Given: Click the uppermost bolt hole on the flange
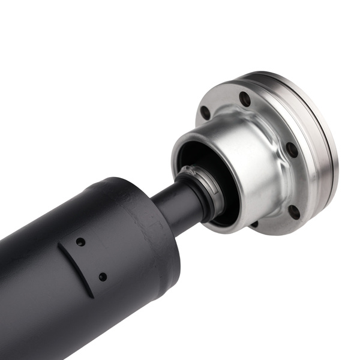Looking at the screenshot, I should click(245, 99).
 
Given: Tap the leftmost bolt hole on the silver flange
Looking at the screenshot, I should click(205, 112).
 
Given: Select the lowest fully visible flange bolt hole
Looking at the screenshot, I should click(294, 211).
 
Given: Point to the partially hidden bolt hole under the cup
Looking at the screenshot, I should click(254, 224).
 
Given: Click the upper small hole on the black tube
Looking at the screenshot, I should click(80, 242).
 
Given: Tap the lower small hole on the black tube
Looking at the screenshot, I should click(103, 277).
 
